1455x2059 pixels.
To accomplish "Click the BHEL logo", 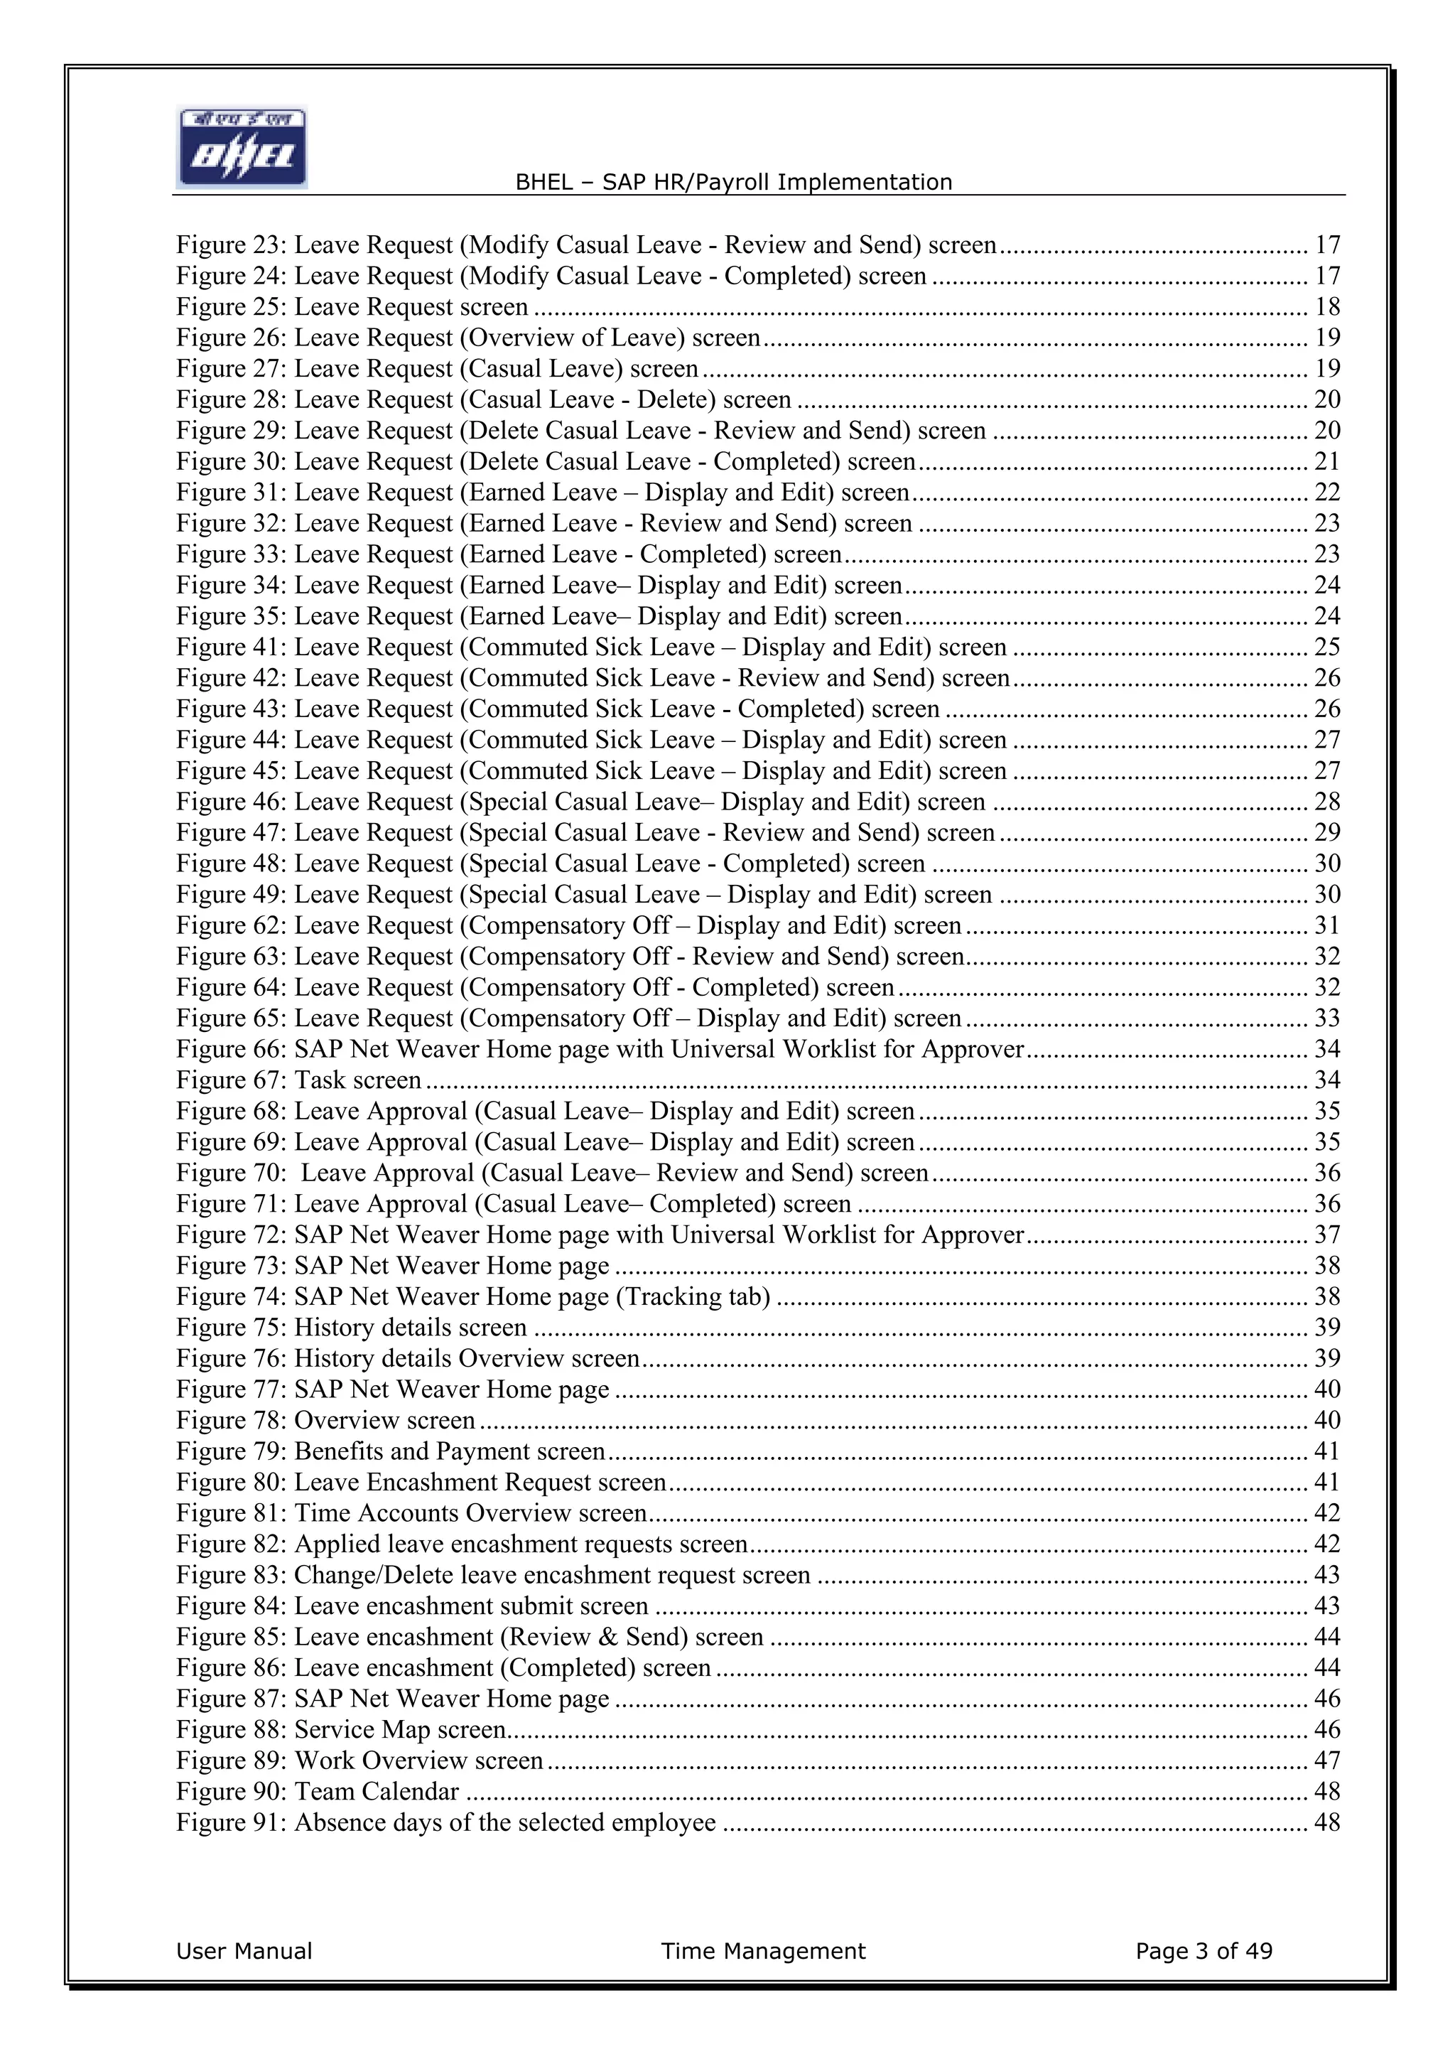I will (x=242, y=147).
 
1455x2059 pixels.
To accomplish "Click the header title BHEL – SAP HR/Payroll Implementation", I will (x=733, y=183).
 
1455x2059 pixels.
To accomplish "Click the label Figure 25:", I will (x=232, y=307).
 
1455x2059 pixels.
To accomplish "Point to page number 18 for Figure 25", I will (x=1327, y=307).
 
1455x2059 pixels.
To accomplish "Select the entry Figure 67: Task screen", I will (x=298, y=1080).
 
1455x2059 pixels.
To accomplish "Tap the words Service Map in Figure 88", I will (x=362, y=1730).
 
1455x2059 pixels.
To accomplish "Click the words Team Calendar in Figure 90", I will (x=377, y=1792).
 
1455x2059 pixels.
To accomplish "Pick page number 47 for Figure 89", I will (x=1327, y=1760).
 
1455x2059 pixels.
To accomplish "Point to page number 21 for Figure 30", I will (x=1327, y=461).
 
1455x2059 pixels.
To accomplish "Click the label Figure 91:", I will (x=232, y=1822).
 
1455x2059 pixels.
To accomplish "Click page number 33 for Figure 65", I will (x=1327, y=1018).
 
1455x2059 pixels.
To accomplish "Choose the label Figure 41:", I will (x=232, y=647).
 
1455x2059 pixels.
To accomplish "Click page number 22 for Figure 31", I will (x=1327, y=493).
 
